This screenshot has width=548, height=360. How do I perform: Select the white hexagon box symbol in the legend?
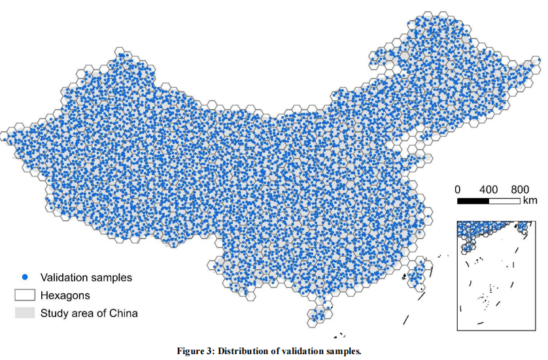click(x=24, y=295)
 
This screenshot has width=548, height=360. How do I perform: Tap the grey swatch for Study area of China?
click(x=24, y=313)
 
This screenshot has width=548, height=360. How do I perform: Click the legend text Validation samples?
click(x=86, y=278)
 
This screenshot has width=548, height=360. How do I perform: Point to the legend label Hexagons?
click(x=65, y=295)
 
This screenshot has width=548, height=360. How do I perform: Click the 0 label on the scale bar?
click(x=458, y=189)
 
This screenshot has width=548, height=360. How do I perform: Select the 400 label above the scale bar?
click(x=488, y=189)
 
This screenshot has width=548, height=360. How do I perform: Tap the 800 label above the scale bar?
click(x=520, y=189)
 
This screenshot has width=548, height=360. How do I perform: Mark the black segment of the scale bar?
click(x=473, y=200)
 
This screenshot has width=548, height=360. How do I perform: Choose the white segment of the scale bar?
click(x=504, y=200)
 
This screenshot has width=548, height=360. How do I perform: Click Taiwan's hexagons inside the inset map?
click(x=524, y=227)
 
